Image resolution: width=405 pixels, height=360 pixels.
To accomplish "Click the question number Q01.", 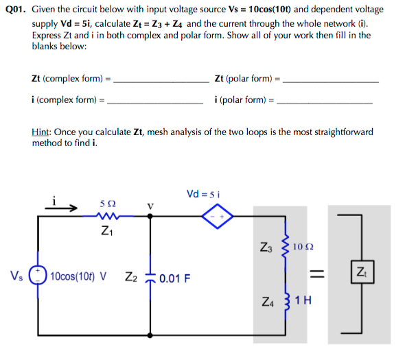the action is click(16, 10).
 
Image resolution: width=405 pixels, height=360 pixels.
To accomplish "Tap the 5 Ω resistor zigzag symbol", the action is click(108, 216).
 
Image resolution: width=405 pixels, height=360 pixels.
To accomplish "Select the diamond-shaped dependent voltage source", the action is click(218, 216).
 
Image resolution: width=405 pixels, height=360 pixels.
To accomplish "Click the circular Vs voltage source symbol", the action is click(38, 275).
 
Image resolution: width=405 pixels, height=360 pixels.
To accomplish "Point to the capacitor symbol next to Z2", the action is click(150, 278).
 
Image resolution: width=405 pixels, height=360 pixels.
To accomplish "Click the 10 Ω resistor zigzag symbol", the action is click(285, 246).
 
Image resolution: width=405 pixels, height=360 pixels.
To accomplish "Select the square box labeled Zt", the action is click(362, 272).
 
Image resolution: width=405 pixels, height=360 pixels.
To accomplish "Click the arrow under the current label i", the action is click(61, 208).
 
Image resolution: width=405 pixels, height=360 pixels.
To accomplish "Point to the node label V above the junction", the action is click(150, 206).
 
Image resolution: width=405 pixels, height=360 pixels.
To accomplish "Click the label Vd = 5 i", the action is click(203, 194).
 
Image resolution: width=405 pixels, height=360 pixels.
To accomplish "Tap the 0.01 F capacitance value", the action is click(175, 278).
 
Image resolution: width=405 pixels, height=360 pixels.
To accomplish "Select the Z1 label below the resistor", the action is click(107, 230).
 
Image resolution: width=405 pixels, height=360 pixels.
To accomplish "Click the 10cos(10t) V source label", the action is click(78, 276).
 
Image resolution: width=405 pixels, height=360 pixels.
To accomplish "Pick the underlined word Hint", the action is click(40, 132).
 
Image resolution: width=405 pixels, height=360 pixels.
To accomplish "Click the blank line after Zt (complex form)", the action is click(161, 82).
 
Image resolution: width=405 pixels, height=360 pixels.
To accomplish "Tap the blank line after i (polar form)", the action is click(325, 104).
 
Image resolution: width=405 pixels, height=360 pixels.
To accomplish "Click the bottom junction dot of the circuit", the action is click(150, 335).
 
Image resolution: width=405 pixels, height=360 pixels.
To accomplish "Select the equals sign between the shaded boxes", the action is click(317, 273).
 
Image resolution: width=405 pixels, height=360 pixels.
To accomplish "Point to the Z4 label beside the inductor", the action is click(268, 302).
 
